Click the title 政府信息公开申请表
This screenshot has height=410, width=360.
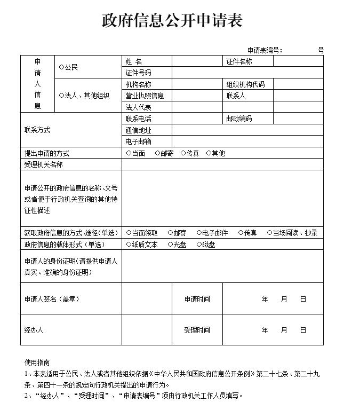tap(172, 20)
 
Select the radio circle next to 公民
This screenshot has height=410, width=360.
tap(61, 68)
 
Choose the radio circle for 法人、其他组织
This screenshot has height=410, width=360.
tap(61, 96)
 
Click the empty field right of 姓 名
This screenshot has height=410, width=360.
tap(197, 62)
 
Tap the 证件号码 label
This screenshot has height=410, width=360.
tap(138, 73)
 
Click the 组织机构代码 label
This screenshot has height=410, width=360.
tap(245, 84)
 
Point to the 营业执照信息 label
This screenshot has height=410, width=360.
tap(145, 96)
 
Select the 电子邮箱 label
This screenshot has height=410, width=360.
tap(138, 141)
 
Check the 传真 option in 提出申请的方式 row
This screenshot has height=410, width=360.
tap(183, 153)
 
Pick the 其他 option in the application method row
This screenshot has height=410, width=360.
tap(209, 153)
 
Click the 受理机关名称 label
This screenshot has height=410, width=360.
tap(43, 164)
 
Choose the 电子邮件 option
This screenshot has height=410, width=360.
tap(199, 233)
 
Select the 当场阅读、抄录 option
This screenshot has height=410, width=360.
tap(270, 233)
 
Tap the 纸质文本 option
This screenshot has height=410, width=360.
tap(129, 245)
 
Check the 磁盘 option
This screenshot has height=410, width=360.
tap(199, 245)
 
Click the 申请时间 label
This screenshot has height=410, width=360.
tap(197, 299)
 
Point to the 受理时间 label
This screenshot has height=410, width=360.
tap(197, 330)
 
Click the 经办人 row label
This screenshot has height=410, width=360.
tap(34, 330)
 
